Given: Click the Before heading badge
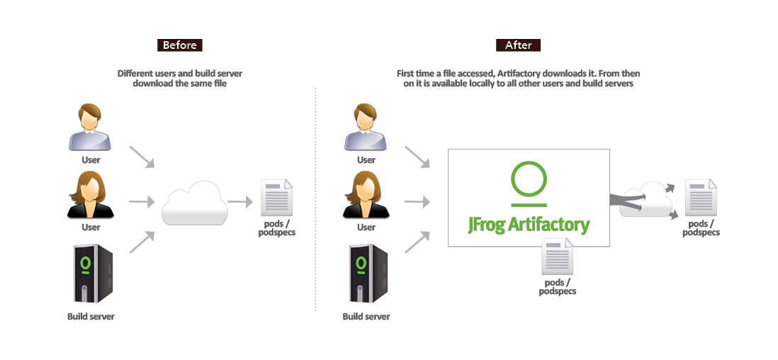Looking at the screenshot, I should pyautogui.click(x=180, y=45).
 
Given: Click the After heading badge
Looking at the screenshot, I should pyautogui.click(x=518, y=45).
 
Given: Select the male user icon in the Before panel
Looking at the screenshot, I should pyautogui.click(x=90, y=128).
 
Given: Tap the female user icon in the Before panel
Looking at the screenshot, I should pyautogui.click(x=90, y=196).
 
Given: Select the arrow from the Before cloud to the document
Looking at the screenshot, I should pyautogui.click(x=241, y=202).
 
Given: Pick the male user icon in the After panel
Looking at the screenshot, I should pyautogui.click(x=366, y=128).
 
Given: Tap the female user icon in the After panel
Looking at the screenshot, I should pyautogui.click(x=366, y=196).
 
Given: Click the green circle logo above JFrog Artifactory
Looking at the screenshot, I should pyautogui.click(x=529, y=180).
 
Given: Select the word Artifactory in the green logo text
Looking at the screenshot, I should pyautogui.click(x=548, y=225).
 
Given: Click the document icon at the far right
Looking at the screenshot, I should pyautogui.click(x=701, y=198).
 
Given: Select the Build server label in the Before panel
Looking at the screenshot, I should pyautogui.click(x=91, y=316).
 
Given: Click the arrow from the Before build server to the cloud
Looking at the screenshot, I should pyautogui.click(x=142, y=242).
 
